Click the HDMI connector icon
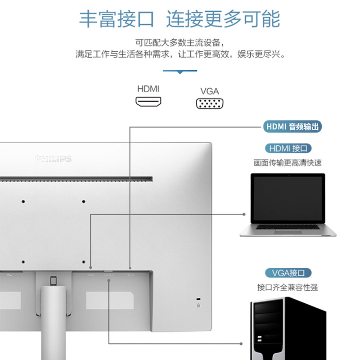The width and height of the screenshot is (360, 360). (x=148, y=101)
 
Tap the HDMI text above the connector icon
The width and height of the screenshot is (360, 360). (x=148, y=89)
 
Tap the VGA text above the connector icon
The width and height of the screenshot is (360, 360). (x=209, y=91)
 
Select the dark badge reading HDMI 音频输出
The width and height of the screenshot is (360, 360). (x=292, y=127)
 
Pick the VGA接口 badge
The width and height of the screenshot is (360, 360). (x=288, y=273)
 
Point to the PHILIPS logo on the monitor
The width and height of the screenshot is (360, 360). (x=54, y=159)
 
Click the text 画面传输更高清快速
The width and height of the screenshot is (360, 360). (x=288, y=163)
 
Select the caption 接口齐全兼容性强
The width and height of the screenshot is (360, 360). (x=288, y=287)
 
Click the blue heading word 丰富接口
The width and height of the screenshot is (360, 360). (x=117, y=19)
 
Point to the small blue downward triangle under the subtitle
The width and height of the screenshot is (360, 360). (x=180, y=72)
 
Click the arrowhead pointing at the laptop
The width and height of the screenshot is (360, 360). (x=244, y=214)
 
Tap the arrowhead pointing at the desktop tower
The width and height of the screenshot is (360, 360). (x=244, y=344)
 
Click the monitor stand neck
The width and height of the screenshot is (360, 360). (x=53, y=324)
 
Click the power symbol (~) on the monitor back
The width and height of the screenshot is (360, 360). (x=9, y=275)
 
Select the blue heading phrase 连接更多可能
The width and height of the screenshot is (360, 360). (x=223, y=19)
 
